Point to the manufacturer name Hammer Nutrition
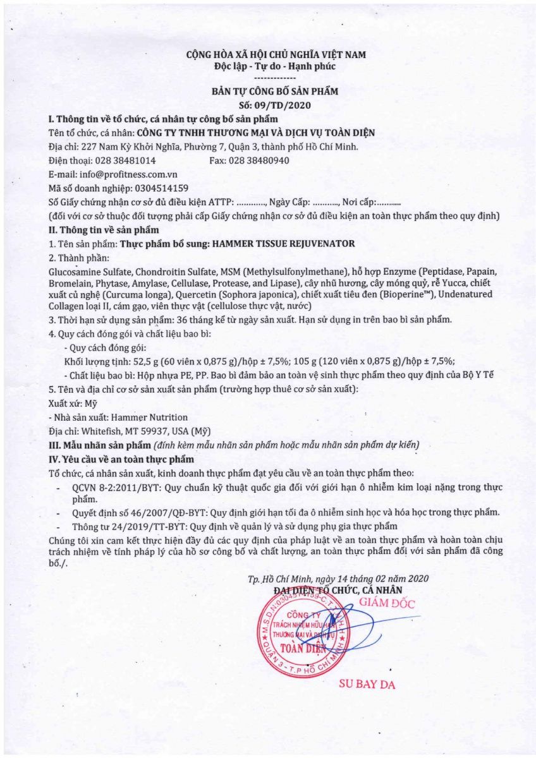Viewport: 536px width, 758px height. coord(149,417)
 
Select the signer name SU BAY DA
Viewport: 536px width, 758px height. coord(367,684)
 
